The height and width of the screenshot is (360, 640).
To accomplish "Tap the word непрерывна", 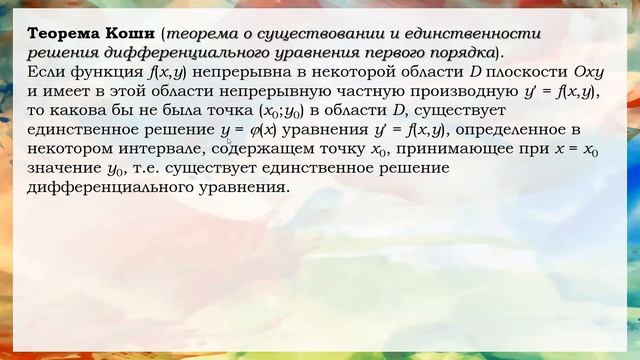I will click(x=239, y=73).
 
